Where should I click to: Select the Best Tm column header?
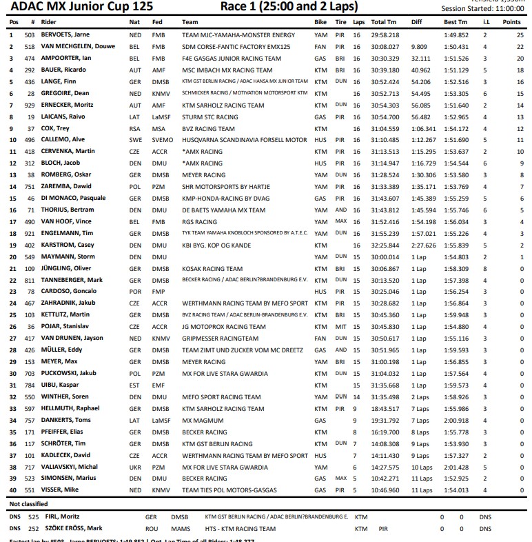pos(455,22)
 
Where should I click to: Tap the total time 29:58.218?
pos(385,34)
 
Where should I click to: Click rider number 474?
pos(29,59)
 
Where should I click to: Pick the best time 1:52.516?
pos(456,81)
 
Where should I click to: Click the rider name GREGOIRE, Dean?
pos(65,93)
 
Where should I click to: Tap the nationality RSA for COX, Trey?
pos(135,129)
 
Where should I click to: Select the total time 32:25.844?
pos(385,245)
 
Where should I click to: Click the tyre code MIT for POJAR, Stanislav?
pos(340,327)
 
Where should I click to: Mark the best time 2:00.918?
pos(456,420)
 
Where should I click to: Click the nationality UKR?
pos(135,467)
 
